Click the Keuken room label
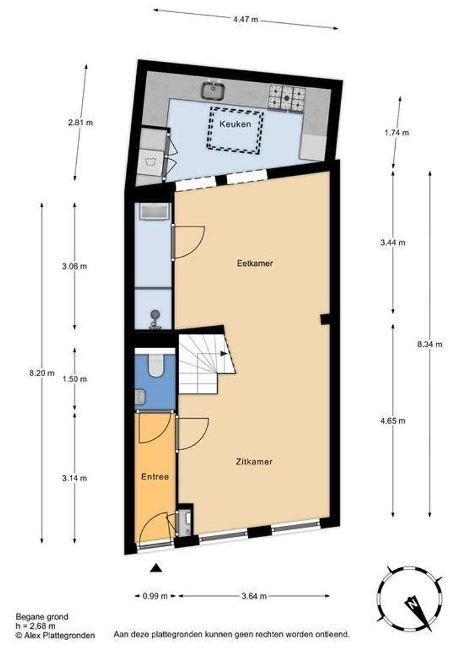234,125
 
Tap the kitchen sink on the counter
213,91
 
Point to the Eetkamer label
251,263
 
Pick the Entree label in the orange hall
155,477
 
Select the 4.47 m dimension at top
246,19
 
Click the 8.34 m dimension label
430,344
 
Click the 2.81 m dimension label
81,122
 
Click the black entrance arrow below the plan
156,568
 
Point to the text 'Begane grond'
42,616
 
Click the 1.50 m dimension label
75,379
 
